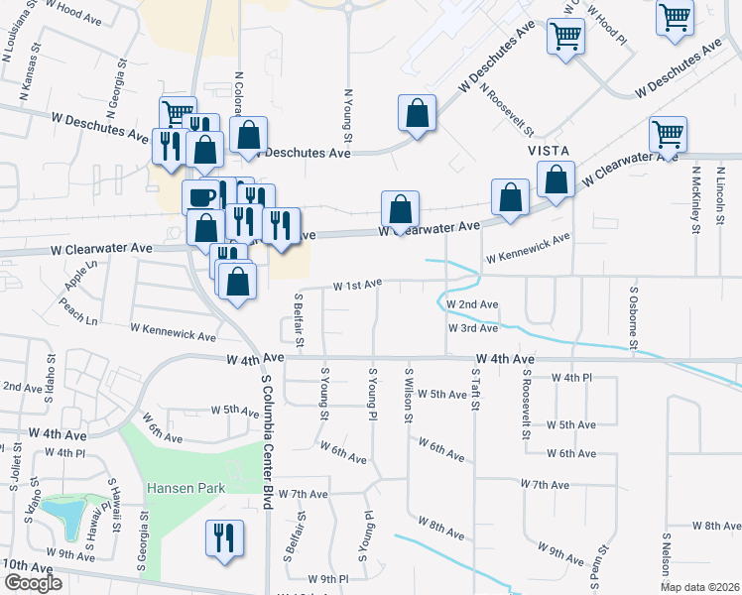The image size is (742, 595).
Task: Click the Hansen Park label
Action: coord(185,488)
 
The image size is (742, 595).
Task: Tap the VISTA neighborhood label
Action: coord(547,149)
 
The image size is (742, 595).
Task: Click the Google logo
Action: coord(33,582)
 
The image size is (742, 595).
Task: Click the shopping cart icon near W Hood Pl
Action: coord(565,37)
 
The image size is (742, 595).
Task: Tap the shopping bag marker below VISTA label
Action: coord(556,180)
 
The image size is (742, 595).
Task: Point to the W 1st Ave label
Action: coord(357,285)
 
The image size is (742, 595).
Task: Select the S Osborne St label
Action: coord(633,319)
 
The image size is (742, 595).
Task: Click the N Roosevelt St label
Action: coord(506,110)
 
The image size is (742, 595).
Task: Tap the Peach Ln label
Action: coord(78,316)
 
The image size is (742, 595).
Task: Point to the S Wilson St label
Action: coord(408,395)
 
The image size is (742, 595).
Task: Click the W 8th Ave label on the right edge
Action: coord(716,525)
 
